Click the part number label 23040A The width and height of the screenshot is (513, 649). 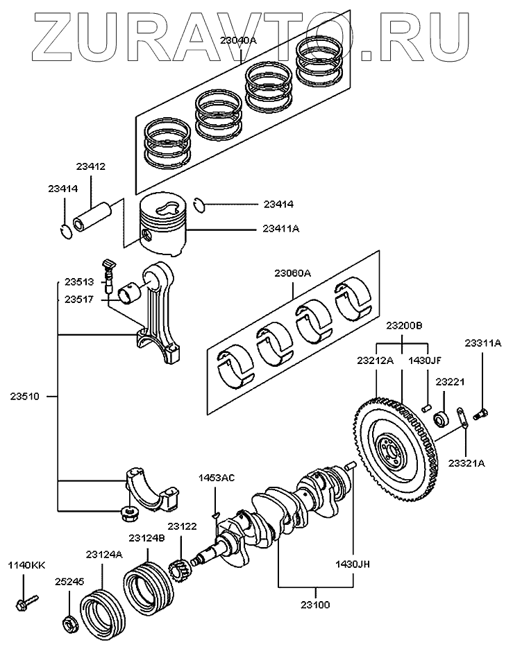(x=238, y=41)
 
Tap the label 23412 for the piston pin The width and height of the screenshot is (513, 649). (x=90, y=166)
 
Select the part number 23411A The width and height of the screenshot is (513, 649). (x=281, y=228)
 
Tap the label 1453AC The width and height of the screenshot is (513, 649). (x=217, y=478)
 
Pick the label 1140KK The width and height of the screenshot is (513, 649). (x=26, y=566)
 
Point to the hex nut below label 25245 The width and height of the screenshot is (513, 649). (x=70, y=623)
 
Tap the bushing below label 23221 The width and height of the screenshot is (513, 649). (x=439, y=419)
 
